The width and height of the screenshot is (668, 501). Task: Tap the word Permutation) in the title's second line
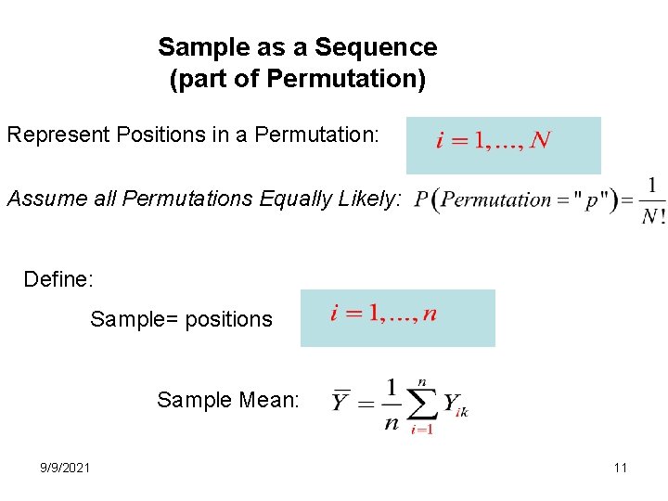click(x=346, y=80)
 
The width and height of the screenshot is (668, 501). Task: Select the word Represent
click(x=57, y=135)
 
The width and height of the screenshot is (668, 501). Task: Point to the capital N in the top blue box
click(x=540, y=142)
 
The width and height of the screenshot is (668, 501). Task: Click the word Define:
click(x=58, y=279)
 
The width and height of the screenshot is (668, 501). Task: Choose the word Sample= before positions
click(x=135, y=320)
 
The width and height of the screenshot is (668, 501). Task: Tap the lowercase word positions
click(x=229, y=320)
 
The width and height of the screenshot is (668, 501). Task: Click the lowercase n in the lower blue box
click(x=429, y=314)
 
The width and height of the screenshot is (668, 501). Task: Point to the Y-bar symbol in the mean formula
click(x=342, y=402)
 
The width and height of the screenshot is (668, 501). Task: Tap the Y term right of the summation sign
click(x=452, y=404)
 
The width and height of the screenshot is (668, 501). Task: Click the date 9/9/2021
click(x=65, y=468)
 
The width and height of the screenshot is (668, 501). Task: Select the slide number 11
click(x=620, y=468)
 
